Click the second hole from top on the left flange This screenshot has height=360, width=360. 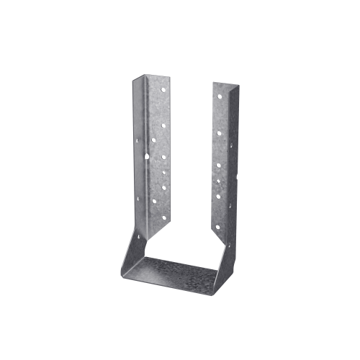tap(163, 125)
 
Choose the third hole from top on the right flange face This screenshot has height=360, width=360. tap(220, 166)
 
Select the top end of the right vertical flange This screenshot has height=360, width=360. tap(223, 83)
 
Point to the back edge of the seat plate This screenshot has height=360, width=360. tap(180, 259)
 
